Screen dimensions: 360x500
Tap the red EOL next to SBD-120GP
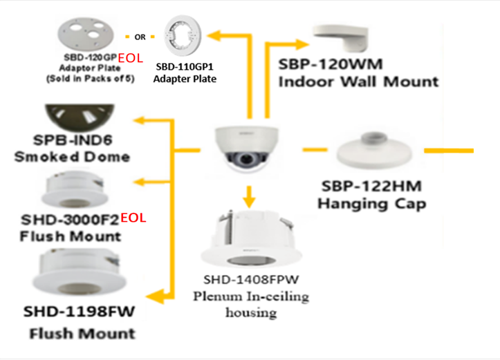131,59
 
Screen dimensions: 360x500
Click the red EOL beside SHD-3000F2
133,218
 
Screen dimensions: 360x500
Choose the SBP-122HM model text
371,187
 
